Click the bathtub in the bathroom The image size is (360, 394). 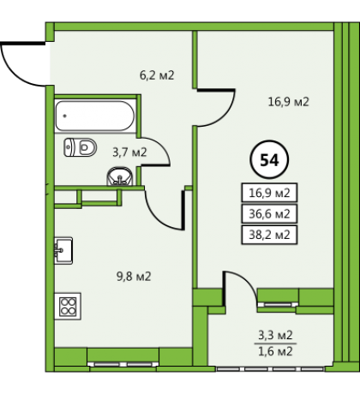95,116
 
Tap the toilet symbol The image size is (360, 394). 81,147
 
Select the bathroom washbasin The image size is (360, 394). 120,176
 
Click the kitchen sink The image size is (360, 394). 63,250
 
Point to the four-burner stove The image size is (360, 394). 68,307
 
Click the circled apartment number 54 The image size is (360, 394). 269,159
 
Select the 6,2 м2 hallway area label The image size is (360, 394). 157,75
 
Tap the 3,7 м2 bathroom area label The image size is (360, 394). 129,152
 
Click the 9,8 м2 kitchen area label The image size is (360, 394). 134,277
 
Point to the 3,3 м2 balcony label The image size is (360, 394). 275,335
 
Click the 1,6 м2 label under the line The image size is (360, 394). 275,351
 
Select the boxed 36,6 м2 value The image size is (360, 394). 269,213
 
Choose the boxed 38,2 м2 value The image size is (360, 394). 269,235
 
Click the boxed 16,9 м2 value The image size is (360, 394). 269,193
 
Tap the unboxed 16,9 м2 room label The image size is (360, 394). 289,102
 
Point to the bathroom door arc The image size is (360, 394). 162,146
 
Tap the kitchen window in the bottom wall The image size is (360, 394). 123,364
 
